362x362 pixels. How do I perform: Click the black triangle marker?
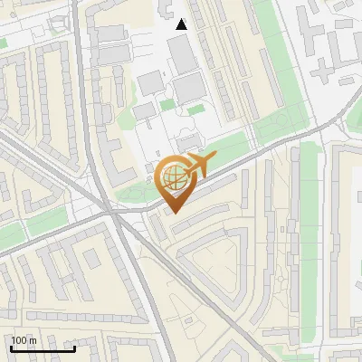(x=182, y=24)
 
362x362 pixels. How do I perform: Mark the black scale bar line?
(x=43, y=348)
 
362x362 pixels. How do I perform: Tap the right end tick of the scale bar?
(x=74, y=347)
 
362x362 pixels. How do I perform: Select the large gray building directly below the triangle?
(x=182, y=53)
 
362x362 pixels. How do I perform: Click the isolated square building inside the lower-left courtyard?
(x=91, y=260)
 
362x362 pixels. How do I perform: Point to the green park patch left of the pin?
(x=136, y=192)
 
